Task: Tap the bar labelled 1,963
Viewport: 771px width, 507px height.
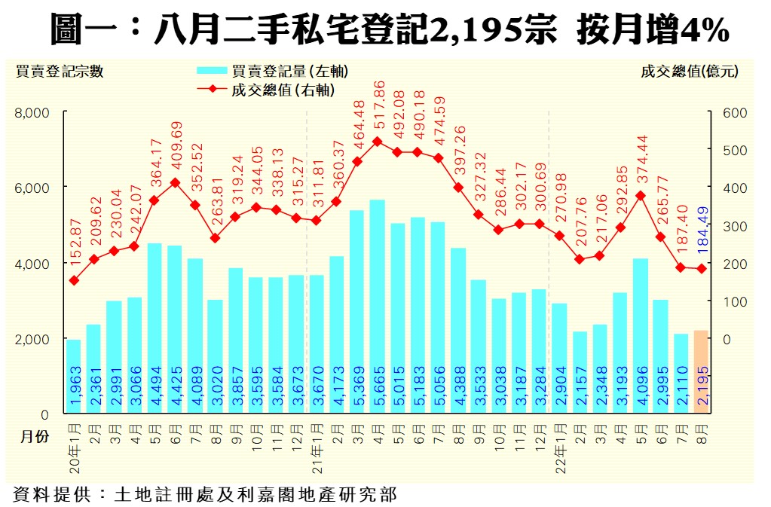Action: click(x=74, y=376)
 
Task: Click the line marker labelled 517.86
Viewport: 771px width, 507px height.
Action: click(x=378, y=142)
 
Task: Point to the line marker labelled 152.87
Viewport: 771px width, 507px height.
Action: click(x=74, y=280)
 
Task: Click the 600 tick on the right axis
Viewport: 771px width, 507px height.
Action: click(x=734, y=113)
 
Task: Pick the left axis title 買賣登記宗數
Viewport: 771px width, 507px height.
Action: click(x=60, y=72)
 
